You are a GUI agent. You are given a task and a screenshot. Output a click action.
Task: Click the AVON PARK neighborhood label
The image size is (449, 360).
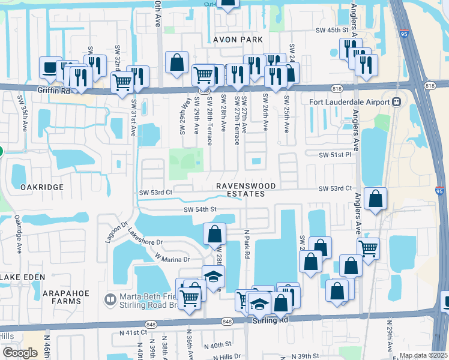[x=238, y=40]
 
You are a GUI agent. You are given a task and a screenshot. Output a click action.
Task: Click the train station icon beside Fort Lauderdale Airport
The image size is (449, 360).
[x=397, y=101]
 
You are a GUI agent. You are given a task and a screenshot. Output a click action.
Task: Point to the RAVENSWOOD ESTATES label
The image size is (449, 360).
[x=241, y=190]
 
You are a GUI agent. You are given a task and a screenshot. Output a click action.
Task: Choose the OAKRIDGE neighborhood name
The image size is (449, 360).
[x=42, y=187]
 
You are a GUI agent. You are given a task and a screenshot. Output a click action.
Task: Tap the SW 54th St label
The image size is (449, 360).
[x=199, y=209]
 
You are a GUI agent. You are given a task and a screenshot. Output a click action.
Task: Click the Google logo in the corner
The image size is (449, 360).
[x=20, y=353]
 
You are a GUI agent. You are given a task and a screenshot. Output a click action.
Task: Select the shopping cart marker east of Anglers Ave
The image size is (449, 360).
[x=368, y=247]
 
